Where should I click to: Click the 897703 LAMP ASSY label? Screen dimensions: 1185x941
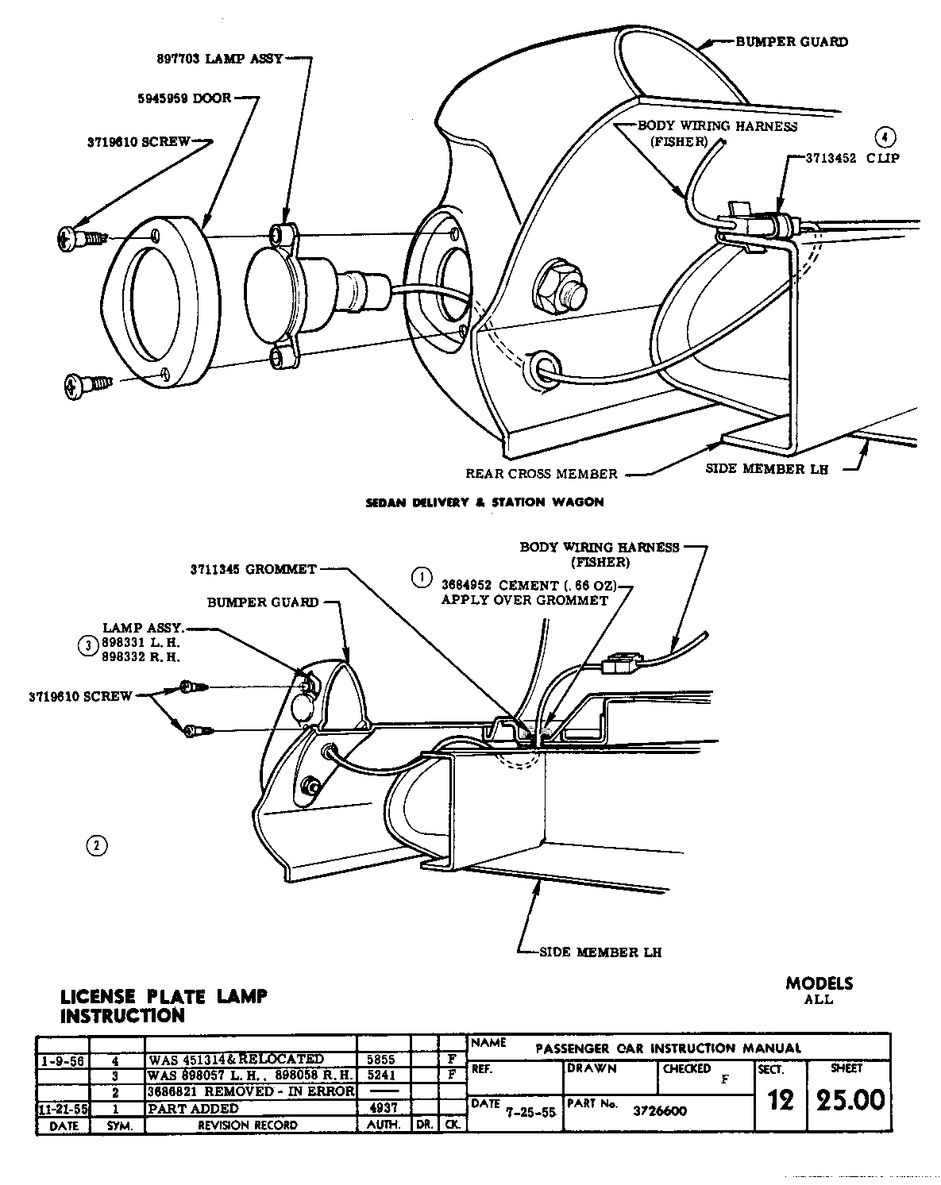click(220, 59)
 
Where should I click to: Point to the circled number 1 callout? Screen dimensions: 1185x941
click(422, 577)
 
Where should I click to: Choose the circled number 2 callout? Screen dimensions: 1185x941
click(95, 845)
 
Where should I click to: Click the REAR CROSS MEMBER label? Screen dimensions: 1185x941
click(541, 474)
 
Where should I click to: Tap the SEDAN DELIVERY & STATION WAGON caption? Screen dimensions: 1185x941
click(484, 502)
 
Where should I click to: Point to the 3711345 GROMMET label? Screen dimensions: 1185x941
click(253, 569)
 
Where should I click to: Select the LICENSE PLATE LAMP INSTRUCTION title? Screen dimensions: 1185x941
click(164, 1006)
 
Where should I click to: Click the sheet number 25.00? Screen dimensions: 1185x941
click(848, 1100)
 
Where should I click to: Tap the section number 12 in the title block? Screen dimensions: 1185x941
click(781, 1100)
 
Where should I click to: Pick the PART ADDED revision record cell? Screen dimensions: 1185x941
click(193, 1108)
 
